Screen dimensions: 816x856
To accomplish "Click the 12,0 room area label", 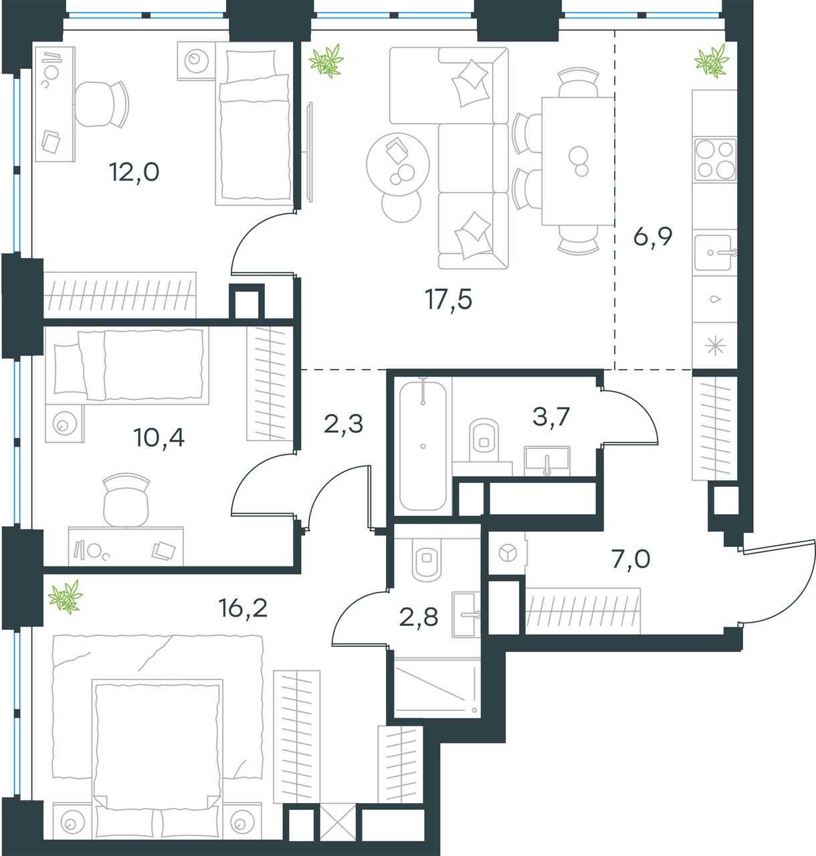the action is (x=134, y=172).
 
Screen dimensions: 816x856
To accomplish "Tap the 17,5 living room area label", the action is (x=449, y=300).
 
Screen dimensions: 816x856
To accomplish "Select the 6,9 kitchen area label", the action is (x=653, y=237).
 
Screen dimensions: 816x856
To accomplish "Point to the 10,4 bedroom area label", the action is (x=159, y=437).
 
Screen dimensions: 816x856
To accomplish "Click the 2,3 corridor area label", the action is (x=343, y=423).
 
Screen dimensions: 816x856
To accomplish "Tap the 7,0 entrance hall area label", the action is (x=631, y=559).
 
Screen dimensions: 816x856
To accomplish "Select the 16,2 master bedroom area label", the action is (x=243, y=608).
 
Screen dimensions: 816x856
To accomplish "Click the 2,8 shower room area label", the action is (x=419, y=617).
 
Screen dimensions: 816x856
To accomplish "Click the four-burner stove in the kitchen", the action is (x=715, y=159).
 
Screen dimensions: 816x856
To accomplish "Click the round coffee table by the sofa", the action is (x=398, y=164).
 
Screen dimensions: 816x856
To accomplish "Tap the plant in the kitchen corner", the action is (x=712, y=61).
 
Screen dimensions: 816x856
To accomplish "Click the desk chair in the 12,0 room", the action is (x=103, y=104).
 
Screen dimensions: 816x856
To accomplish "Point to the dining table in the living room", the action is (x=578, y=161).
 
